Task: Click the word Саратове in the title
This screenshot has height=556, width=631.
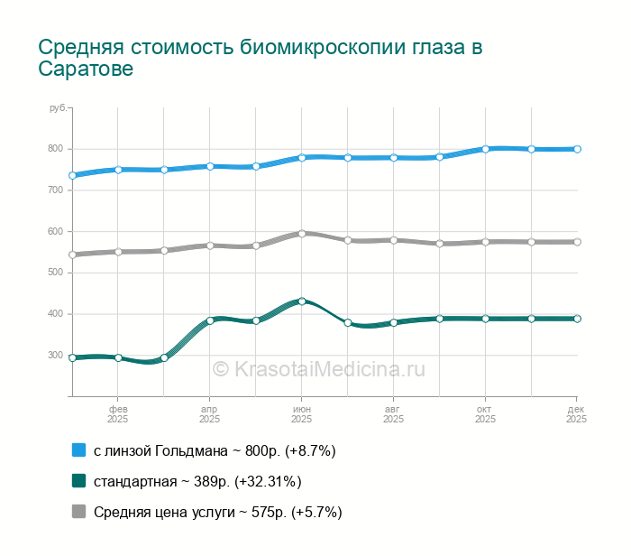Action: [x=87, y=69]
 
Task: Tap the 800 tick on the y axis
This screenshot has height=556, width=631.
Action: [x=56, y=149]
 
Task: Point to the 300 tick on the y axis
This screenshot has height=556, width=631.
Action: [x=56, y=356]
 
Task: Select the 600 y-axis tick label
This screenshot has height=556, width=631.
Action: [x=56, y=232]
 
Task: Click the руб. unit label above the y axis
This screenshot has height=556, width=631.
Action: [x=58, y=108]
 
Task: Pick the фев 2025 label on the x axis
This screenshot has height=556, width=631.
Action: [x=117, y=413]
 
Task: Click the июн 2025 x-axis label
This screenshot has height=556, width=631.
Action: [x=301, y=413]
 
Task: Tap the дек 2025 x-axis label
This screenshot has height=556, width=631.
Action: [x=577, y=413]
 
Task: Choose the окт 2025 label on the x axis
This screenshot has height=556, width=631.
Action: [x=485, y=413]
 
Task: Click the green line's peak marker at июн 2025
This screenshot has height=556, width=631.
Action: [x=302, y=301]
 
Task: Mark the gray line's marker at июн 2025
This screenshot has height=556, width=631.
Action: [x=302, y=233]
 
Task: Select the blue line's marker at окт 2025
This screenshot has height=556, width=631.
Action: [x=486, y=149]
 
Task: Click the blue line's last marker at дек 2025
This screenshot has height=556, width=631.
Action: [x=577, y=149]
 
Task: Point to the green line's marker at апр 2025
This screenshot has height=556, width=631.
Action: [x=210, y=320]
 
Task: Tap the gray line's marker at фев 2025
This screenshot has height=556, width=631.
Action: [x=118, y=252]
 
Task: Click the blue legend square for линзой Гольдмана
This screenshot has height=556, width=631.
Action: [x=78, y=450]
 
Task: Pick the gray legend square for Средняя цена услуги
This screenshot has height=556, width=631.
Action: [x=78, y=512]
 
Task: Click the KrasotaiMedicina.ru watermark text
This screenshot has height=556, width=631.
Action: [x=318, y=368]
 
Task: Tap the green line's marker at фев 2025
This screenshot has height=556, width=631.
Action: [x=118, y=357]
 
